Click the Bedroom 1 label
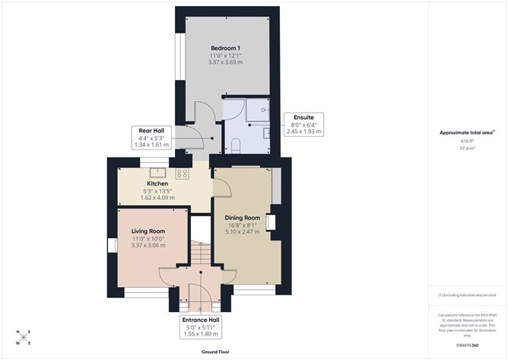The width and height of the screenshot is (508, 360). [225, 47]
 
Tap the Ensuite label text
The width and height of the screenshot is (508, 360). [303, 118]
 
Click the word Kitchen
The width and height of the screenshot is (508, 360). [157, 183]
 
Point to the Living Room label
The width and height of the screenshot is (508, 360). [148, 231]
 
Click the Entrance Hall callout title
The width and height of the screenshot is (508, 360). [201, 321]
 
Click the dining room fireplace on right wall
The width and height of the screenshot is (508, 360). [271, 222]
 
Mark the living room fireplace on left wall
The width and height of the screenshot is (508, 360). [114, 244]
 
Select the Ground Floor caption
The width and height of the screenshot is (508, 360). [216, 352]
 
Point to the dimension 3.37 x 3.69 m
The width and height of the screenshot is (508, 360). [225, 61]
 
